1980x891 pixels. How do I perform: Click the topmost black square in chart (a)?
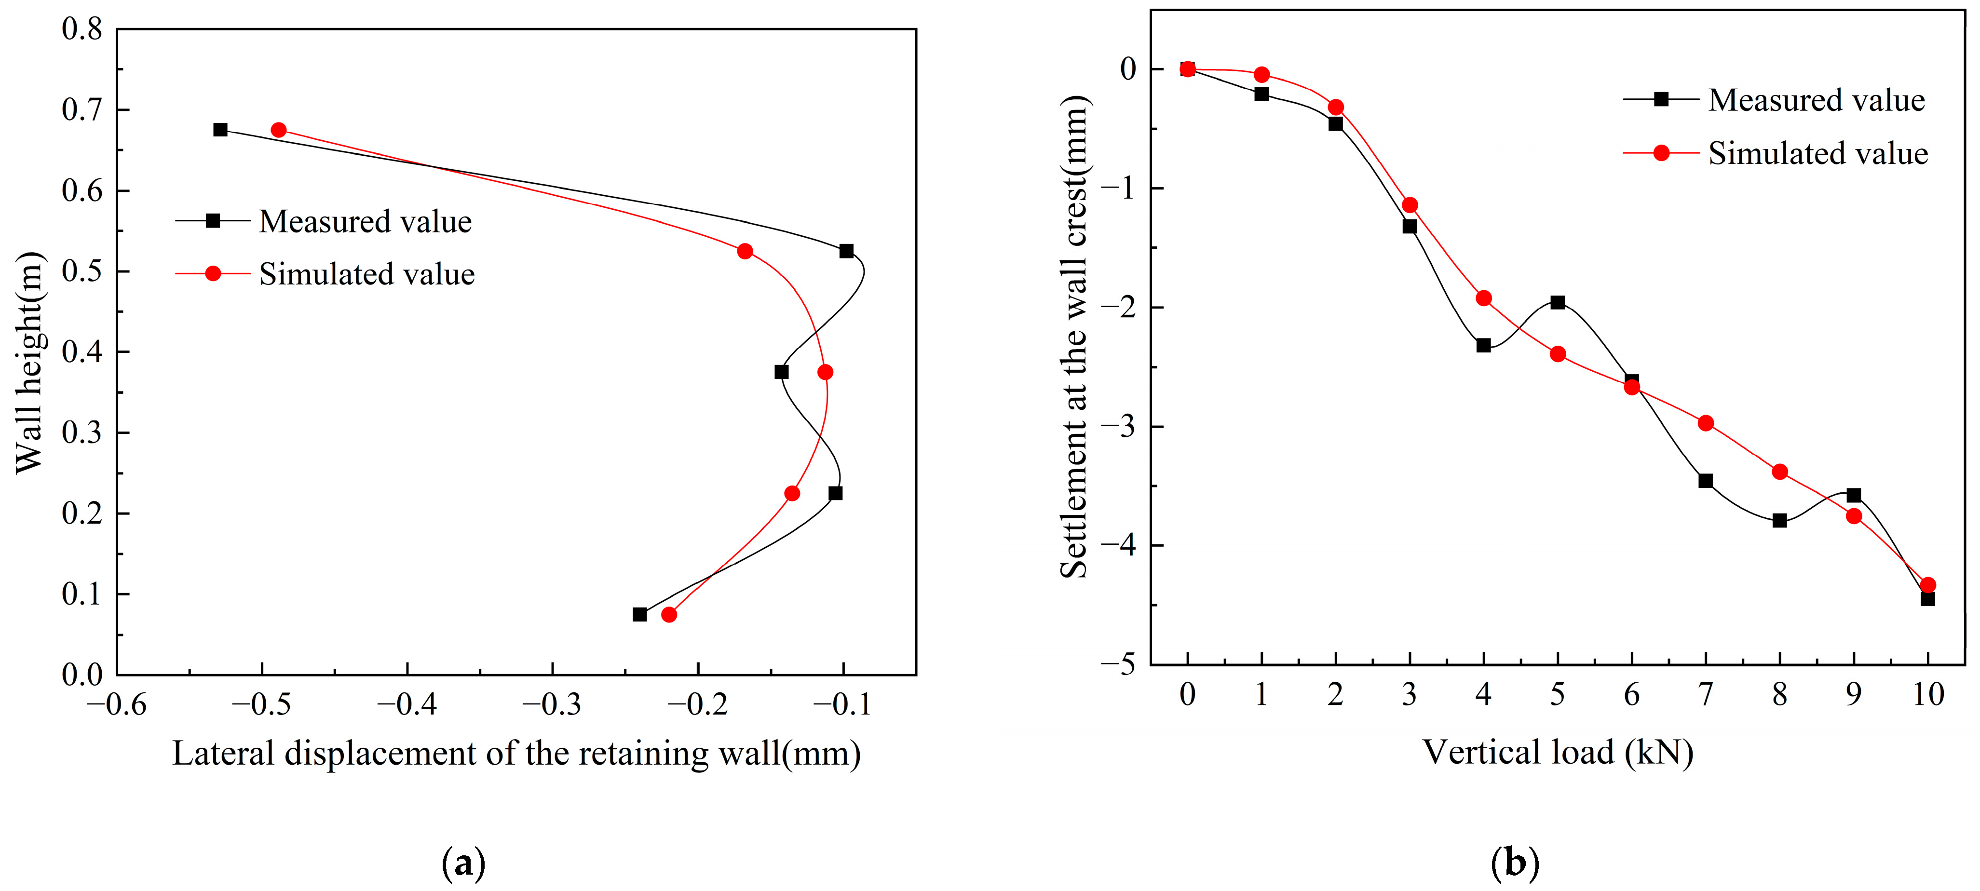tap(220, 130)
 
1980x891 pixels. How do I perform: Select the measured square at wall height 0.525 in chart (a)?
tap(846, 251)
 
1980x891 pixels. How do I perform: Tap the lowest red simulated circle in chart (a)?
tap(669, 614)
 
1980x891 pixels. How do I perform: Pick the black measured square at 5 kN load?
tap(1557, 302)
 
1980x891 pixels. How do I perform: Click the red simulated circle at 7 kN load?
tap(1706, 423)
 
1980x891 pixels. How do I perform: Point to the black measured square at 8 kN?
tap(1779, 520)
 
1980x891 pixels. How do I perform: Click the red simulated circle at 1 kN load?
tap(1261, 75)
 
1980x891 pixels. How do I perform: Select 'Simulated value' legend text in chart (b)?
tap(1818, 154)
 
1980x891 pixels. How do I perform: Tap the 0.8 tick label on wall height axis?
tap(82, 29)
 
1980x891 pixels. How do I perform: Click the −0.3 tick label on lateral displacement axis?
tap(551, 704)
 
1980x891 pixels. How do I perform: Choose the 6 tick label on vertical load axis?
tap(1631, 694)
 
